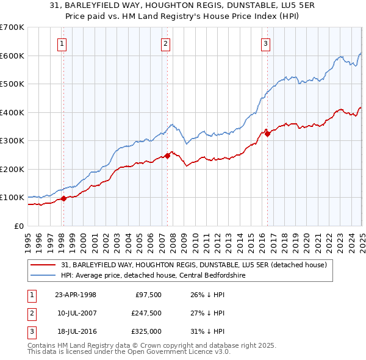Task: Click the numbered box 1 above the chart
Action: pos(63,43)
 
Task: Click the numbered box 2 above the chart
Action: pos(166,43)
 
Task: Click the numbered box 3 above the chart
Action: pos(266,43)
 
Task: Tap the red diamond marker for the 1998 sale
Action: pos(63,198)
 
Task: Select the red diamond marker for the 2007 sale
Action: pos(167,156)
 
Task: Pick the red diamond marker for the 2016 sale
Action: pos(267,134)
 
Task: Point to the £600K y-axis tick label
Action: pos(12,56)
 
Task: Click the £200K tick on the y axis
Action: pos(12,169)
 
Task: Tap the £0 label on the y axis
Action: pos(18,226)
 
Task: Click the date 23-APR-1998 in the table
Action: pos(76,295)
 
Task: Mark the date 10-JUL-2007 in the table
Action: pos(75,313)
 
